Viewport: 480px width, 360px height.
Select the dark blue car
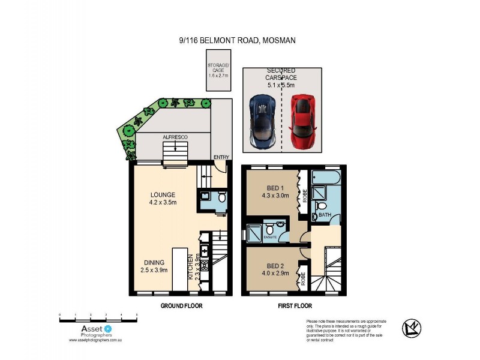(263, 122)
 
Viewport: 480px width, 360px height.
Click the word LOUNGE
(163, 194)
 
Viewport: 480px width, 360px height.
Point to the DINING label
(155, 262)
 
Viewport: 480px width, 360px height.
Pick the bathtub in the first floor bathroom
(326, 177)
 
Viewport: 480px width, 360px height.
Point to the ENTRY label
(221, 158)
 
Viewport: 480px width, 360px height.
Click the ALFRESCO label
(175, 137)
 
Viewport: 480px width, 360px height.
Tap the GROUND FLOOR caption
(181, 305)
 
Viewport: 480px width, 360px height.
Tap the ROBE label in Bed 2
(304, 278)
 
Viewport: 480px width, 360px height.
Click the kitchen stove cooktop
(204, 263)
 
